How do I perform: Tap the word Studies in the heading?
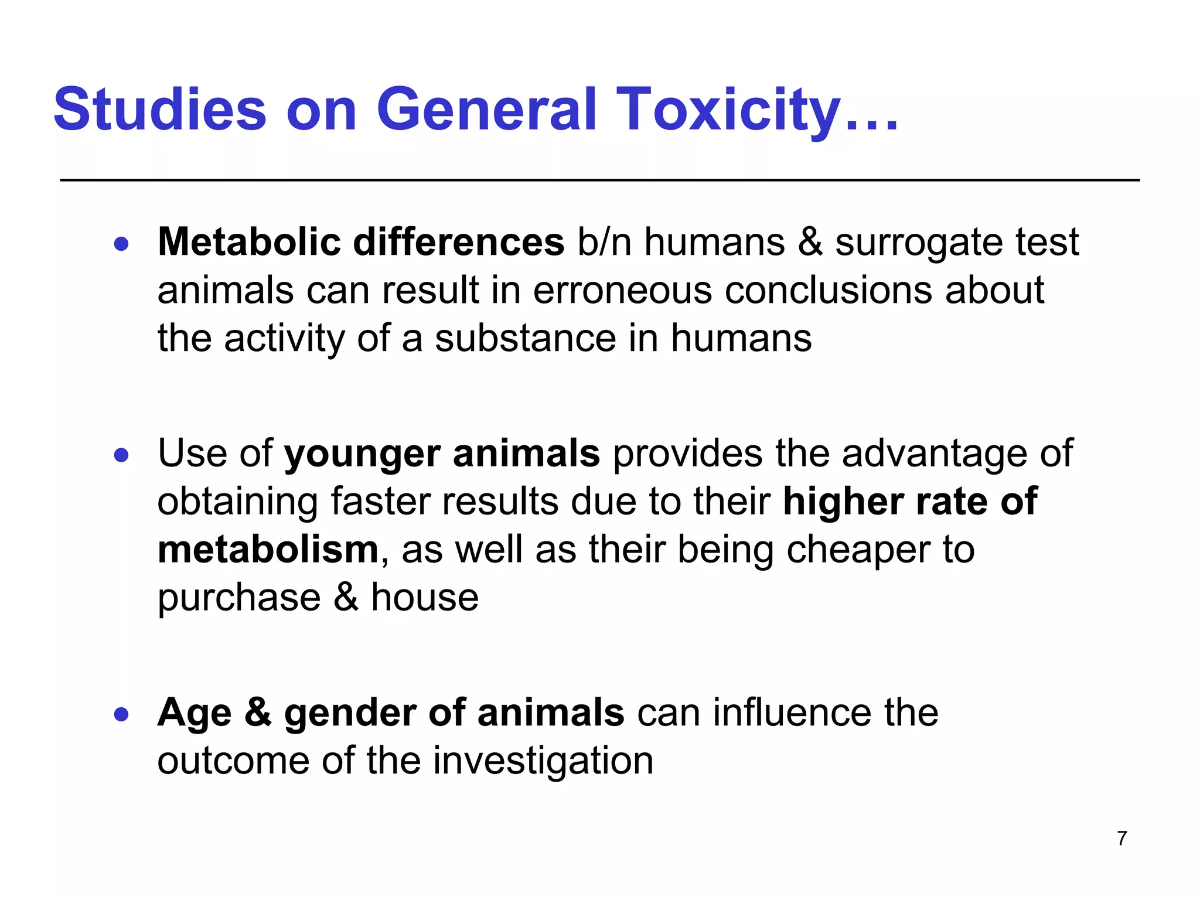click(x=160, y=110)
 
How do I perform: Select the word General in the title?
click(x=486, y=110)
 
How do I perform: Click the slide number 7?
click(x=1122, y=838)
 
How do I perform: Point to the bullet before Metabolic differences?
click(x=121, y=243)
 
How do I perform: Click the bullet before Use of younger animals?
click(x=121, y=455)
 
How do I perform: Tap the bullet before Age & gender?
click(x=121, y=714)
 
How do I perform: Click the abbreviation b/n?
click(x=604, y=242)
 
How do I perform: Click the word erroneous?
click(x=622, y=291)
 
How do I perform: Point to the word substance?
click(x=525, y=339)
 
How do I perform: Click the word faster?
click(x=379, y=502)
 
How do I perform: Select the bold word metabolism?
click(x=268, y=550)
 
